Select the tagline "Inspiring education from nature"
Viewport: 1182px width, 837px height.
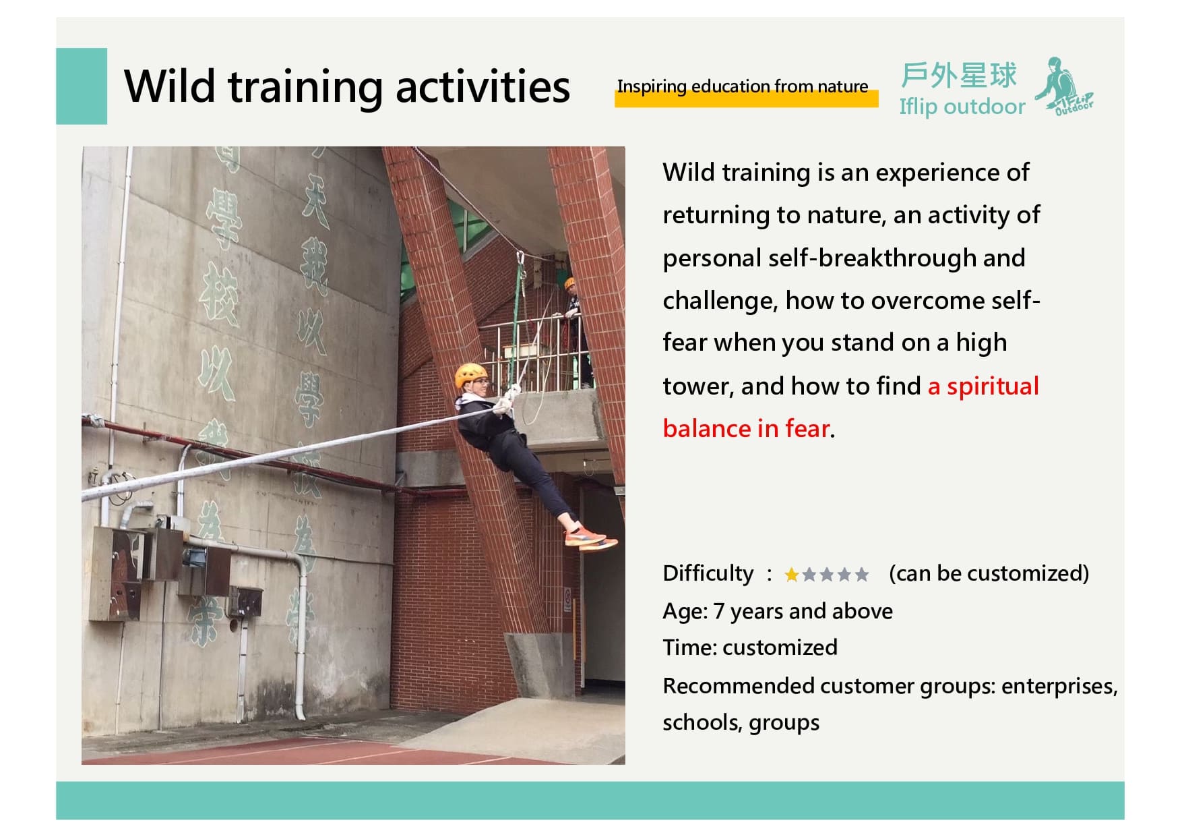click(743, 86)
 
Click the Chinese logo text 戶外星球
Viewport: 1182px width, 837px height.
click(958, 75)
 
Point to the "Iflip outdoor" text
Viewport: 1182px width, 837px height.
click(962, 107)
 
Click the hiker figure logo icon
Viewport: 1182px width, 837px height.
click(1063, 86)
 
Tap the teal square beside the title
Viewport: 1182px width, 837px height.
click(82, 86)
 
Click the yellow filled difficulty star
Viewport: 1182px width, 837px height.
click(792, 575)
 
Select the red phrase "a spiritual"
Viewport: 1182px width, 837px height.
click(983, 386)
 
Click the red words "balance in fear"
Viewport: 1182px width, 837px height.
click(746, 428)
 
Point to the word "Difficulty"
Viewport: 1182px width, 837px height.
click(708, 573)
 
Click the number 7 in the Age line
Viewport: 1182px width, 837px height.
click(719, 611)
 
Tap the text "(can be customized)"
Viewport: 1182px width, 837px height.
click(989, 573)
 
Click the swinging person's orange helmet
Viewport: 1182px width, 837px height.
click(470, 374)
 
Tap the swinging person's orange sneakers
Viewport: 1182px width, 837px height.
click(589, 538)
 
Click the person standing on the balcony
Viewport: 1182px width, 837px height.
click(575, 330)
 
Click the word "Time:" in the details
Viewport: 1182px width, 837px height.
click(690, 647)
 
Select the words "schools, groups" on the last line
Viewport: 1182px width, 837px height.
click(741, 722)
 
